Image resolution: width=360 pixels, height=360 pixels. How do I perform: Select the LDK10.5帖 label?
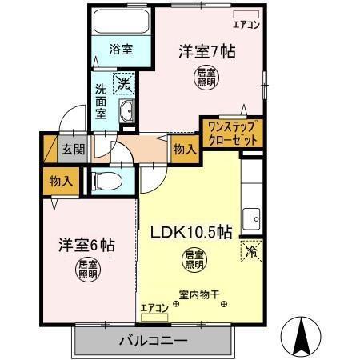pyautogui.click(x=192, y=233)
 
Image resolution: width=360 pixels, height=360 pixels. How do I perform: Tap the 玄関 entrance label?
pyautogui.click(x=73, y=149)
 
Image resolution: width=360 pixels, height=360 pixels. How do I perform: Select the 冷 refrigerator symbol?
pyautogui.click(x=250, y=251)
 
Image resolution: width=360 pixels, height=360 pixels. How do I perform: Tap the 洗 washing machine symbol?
pyautogui.click(x=124, y=82)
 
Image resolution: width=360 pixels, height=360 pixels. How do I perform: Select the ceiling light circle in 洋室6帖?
pyautogui.click(x=85, y=269)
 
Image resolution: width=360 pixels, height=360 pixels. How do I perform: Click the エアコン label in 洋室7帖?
pyautogui.click(x=246, y=25)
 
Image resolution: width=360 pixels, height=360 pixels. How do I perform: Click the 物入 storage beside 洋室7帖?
pyautogui.click(x=183, y=149)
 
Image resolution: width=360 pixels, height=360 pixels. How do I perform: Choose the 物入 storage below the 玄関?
pyautogui.click(x=61, y=181)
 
